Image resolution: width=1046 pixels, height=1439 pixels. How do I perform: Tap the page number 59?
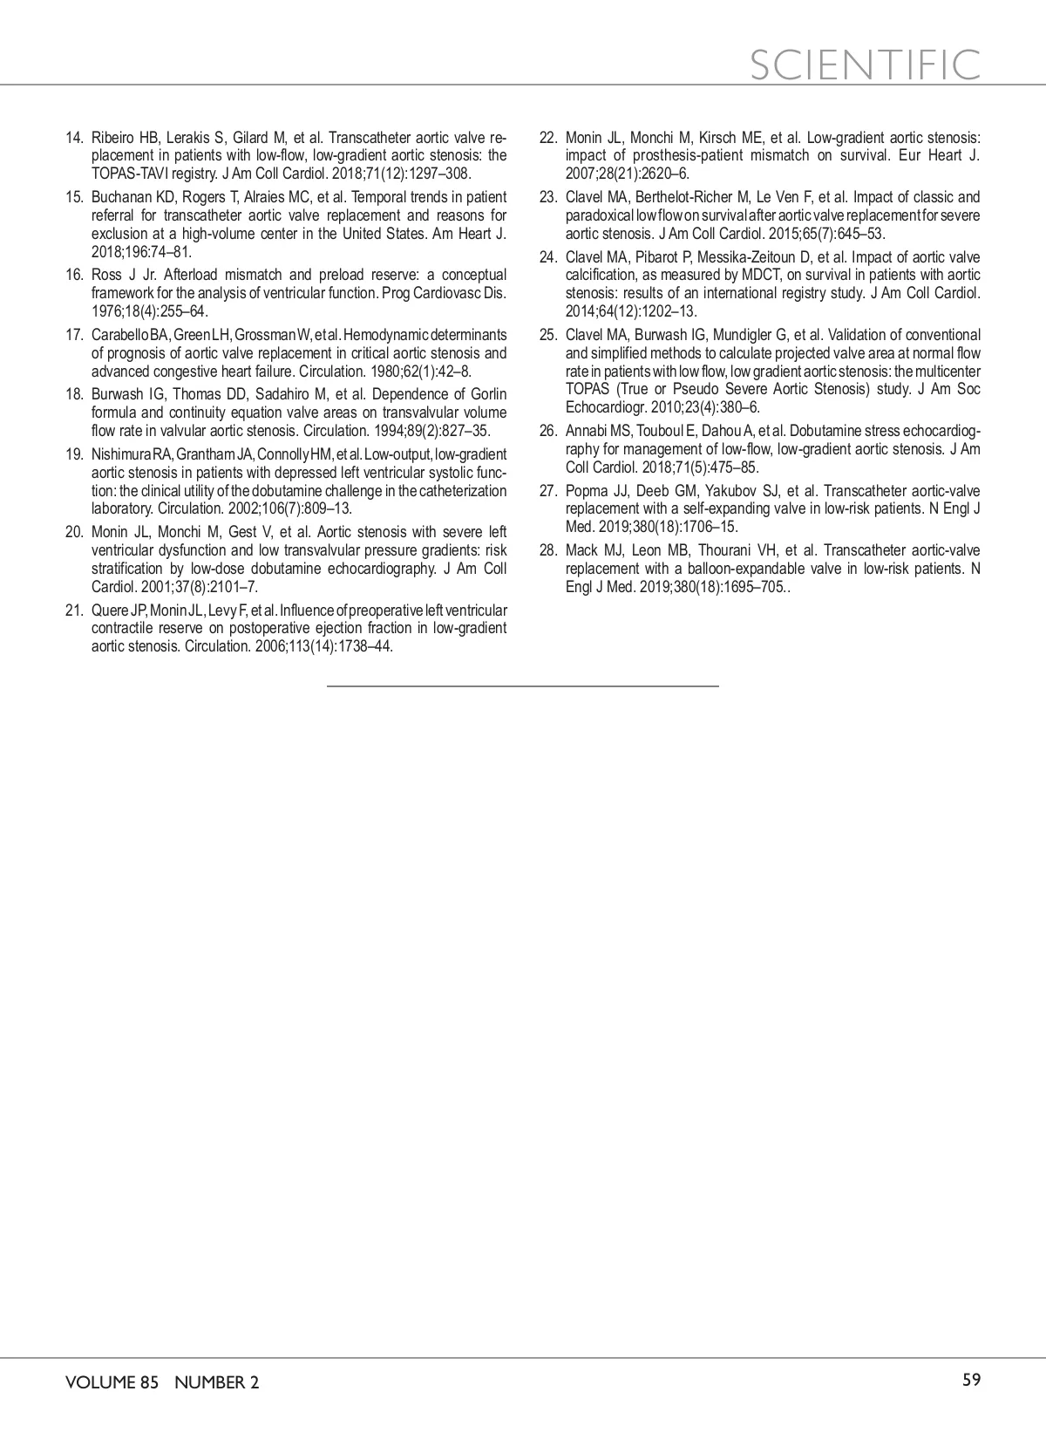[971, 1380]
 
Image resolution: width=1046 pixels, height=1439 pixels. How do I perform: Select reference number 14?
[74, 138]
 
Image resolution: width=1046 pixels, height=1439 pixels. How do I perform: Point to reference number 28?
[548, 550]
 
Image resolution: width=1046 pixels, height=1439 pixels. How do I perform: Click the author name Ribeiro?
[112, 138]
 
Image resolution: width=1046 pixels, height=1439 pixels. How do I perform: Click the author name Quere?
[109, 610]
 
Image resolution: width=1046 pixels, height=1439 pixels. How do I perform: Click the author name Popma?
[586, 491]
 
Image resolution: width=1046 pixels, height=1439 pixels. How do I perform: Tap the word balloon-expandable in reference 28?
[730, 568]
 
